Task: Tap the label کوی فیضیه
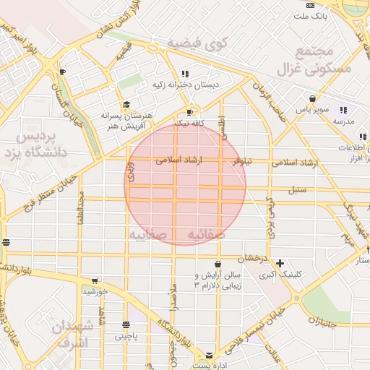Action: click(197, 44)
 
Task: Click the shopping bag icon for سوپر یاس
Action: click(312, 99)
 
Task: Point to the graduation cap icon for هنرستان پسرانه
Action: click(126, 105)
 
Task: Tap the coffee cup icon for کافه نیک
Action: click(190, 113)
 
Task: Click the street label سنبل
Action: click(297, 190)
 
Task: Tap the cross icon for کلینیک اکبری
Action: click(280, 263)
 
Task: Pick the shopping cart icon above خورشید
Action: click(94, 281)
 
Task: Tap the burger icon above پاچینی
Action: click(126, 325)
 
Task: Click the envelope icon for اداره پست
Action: click(210, 356)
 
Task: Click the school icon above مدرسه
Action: click(343, 110)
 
